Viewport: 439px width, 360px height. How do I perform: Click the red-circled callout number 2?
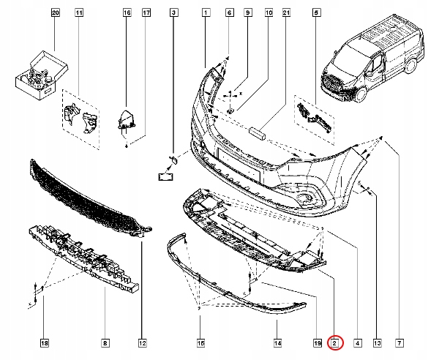(x=334, y=342)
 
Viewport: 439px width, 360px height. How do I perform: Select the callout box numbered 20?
(x=55, y=13)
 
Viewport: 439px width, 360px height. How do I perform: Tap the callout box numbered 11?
(x=79, y=13)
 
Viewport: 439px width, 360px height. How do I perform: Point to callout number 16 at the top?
(x=127, y=13)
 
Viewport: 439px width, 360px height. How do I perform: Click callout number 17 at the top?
(x=146, y=13)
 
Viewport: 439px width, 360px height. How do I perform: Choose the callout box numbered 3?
(x=173, y=13)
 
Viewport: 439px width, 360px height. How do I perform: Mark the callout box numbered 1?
(x=206, y=13)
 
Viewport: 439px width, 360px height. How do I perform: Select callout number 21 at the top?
(x=286, y=13)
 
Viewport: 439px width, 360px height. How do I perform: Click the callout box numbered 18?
(x=43, y=342)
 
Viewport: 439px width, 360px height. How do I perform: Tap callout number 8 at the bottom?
(x=105, y=342)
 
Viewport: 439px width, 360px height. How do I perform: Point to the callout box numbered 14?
(x=277, y=342)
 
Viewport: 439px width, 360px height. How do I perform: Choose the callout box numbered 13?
(x=375, y=342)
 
